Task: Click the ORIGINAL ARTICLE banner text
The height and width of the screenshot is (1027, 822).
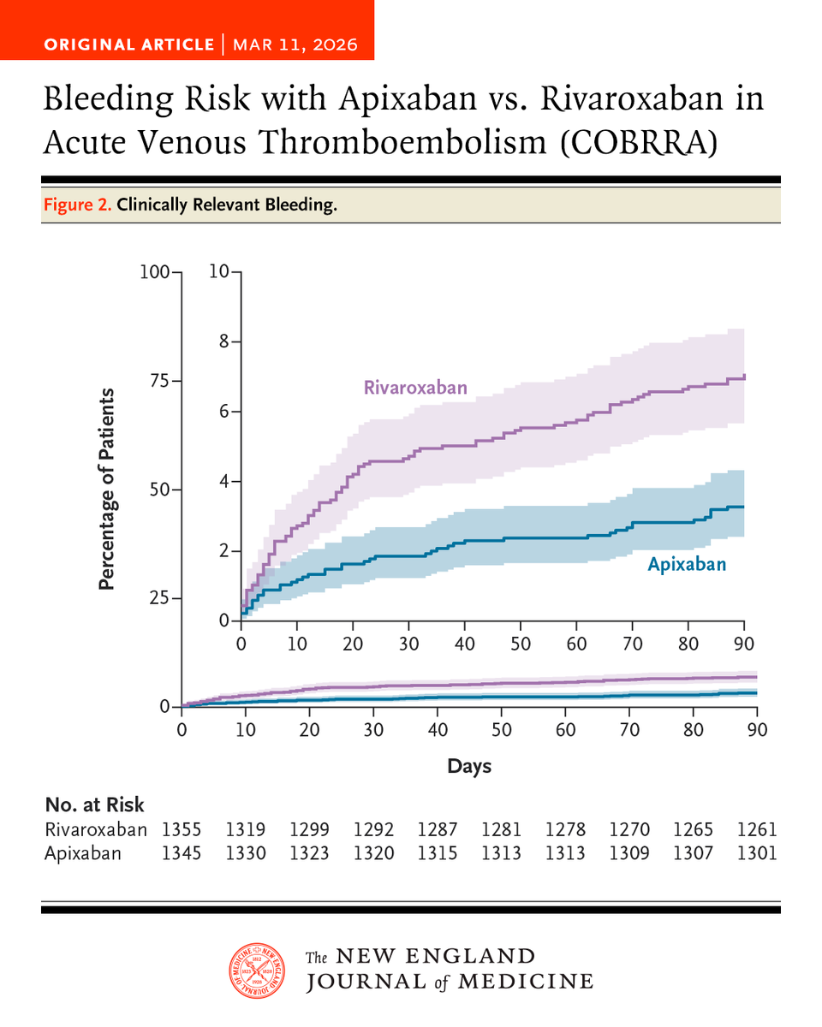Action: pyautogui.click(x=128, y=44)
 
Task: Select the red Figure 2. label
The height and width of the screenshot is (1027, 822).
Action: pyautogui.click(x=76, y=206)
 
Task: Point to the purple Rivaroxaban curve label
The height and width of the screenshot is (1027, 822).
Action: pyautogui.click(x=415, y=388)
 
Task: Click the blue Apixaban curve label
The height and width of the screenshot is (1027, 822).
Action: pyautogui.click(x=686, y=565)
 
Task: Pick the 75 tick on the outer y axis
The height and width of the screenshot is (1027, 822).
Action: pyautogui.click(x=159, y=381)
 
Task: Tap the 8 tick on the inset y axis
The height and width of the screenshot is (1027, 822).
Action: pyautogui.click(x=223, y=341)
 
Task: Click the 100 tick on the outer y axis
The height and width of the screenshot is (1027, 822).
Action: pyautogui.click(x=155, y=272)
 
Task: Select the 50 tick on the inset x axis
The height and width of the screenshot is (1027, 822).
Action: pyautogui.click(x=521, y=643)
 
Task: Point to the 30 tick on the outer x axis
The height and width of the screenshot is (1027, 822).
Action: pyautogui.click(x=373, y=730)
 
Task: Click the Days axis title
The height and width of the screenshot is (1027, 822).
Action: pyautogui.click(x=469, y=766)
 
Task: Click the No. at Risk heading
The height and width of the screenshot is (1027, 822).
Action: pyautogui.click(x=94, y=804)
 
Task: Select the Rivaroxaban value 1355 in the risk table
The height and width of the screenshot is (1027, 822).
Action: pyautogui.click(x=182, y=829)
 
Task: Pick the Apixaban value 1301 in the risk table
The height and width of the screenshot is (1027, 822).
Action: pyautogui.click(x=756, y=853)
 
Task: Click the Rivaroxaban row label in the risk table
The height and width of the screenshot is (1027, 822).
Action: pyautogui.click(x=95, y=829)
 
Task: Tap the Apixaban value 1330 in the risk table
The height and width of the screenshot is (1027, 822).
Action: pyautogui.click(x=245, y=853)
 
